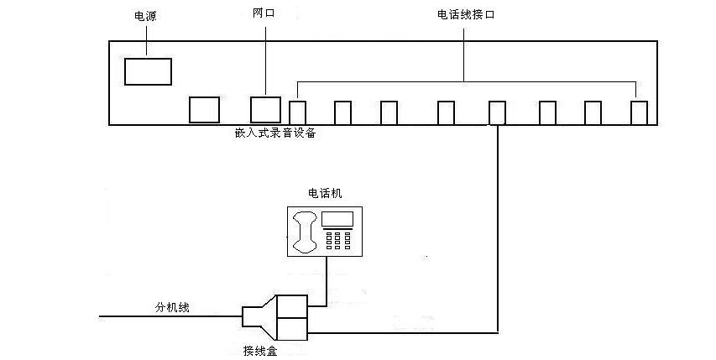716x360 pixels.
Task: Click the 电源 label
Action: (x=145, y=15)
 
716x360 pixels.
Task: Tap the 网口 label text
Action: (x=264, y=14)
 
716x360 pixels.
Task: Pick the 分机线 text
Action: (x=172, y=308)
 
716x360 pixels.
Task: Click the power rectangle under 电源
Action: (x=148, y=71)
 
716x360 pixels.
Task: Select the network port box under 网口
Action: (x=265, y=110)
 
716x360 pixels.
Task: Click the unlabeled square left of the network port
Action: (x=204, y=110)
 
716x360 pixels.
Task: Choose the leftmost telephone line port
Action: (x=297, y=112)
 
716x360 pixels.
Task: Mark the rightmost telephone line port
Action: (x=640, y=112)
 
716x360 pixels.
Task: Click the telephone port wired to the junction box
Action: (x=497, y=112)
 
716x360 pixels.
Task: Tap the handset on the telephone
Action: (x=304, y=232)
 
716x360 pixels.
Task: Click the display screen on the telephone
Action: (x=337, y=221)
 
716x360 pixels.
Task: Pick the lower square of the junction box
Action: (x=294, y=328)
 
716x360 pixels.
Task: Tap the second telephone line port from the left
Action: (x=342, y=112)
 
